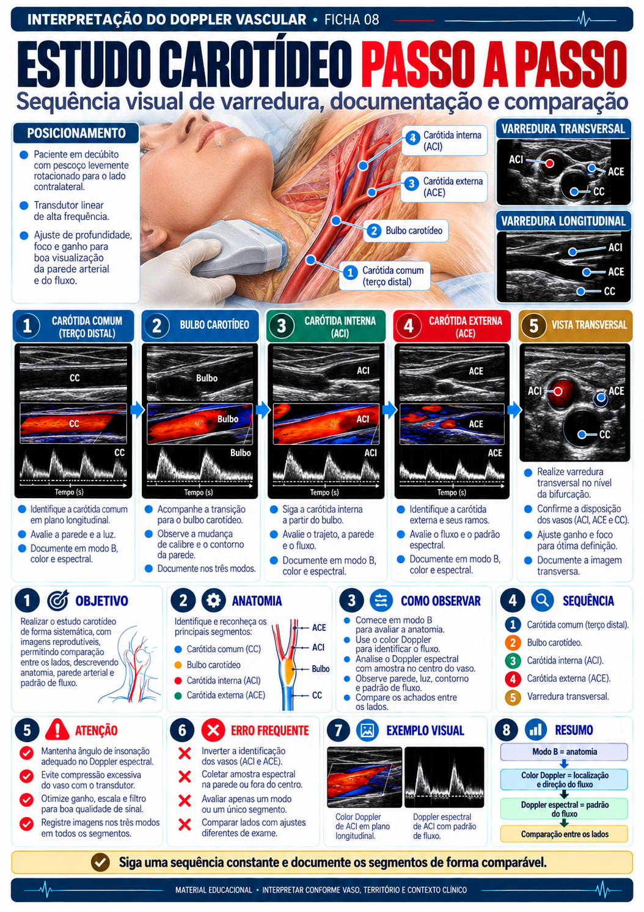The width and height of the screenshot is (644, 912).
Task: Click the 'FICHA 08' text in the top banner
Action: (x=352, y=20)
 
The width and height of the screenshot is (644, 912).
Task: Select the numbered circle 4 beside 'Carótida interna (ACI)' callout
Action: (x=412, y=138)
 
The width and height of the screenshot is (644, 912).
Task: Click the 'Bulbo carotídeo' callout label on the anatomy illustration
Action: (x=414, y=231)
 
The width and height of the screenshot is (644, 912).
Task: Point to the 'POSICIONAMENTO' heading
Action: (x=76, y=133)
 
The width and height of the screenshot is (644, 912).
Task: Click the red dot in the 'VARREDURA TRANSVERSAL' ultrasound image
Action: (x=549, y=164)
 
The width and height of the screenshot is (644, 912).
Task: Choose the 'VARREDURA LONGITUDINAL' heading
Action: (x=563, y=221)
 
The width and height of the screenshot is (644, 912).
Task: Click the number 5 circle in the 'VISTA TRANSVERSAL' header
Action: (x=533, y=326)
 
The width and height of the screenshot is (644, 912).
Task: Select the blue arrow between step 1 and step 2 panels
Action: (x=137, y=410)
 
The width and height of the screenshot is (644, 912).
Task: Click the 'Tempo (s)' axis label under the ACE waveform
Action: (x=452, y=492)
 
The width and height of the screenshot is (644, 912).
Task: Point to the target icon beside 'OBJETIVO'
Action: (x=58, y=600)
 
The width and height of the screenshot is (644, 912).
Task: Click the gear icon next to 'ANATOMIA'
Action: (x=213, y=600)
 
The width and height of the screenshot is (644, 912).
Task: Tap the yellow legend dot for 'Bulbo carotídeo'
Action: (x=178, y=665)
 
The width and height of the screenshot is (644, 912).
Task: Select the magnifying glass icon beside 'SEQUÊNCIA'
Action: (x=542, y=600)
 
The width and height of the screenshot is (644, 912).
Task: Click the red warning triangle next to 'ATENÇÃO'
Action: (x=57, y=730)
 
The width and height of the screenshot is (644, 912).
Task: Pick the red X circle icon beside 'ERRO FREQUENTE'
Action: (x=213, y=730)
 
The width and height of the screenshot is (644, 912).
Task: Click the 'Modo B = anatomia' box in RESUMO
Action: (x=564, y=752)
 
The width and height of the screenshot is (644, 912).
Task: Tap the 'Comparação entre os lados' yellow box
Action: (x=564, y=834)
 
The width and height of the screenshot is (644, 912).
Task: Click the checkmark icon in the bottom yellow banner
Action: (x=100, y=862)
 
